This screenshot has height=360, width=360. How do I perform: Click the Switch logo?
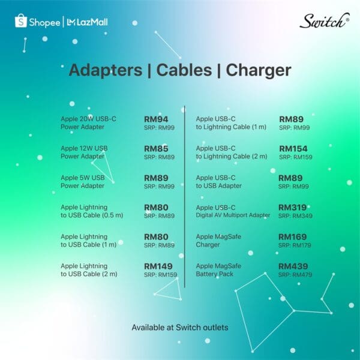pos(325,20)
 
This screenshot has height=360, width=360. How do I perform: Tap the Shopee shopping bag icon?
pos(21,21)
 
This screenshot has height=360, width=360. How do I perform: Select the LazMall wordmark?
pos(87,22)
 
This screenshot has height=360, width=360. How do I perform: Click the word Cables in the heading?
pos(184,70)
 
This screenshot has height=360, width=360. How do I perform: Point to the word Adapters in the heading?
pos(106,70)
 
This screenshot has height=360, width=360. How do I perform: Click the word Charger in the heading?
pos(259,70)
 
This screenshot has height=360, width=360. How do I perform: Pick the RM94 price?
pos(156,119)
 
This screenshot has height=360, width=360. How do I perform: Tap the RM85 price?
pos(156,149)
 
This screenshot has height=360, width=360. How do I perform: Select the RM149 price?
pos(158,266)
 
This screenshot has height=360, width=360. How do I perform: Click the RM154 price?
pos(293,149)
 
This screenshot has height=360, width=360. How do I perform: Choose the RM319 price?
pos(293,208)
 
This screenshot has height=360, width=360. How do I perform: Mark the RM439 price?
pos(293,266)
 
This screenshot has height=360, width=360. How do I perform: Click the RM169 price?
pos(293,237)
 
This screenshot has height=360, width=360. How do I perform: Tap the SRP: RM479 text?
pos(295,275)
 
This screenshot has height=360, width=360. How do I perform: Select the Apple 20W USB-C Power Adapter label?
pos(88,123)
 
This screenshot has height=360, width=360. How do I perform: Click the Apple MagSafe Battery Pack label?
pos(218,270)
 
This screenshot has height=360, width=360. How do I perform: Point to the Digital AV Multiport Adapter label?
pos(233,215)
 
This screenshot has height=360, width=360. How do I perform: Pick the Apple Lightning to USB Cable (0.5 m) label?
pos(92,211)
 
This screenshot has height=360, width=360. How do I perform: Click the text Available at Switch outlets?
pos(180,328)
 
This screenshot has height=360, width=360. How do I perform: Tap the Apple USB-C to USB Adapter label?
pos(219,182)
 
